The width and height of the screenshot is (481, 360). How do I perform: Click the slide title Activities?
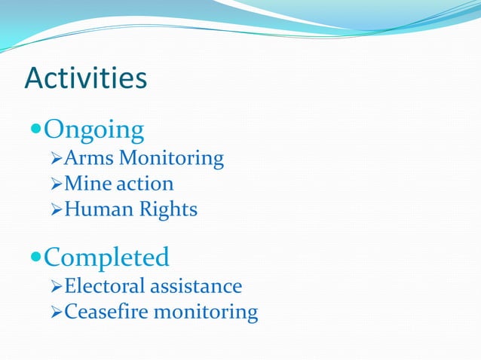pos(85,78)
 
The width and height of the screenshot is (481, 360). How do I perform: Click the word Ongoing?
pos(93,130)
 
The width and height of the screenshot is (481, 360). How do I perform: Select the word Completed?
pos(106,258)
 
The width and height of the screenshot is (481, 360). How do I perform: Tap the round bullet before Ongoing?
pos(35,130)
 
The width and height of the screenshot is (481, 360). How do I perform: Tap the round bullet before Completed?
pos(35,258)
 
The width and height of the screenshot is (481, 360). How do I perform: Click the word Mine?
pos(87,183)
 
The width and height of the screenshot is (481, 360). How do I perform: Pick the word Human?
pos(94,209)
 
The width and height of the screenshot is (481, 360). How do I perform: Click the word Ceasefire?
pos(106,311)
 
